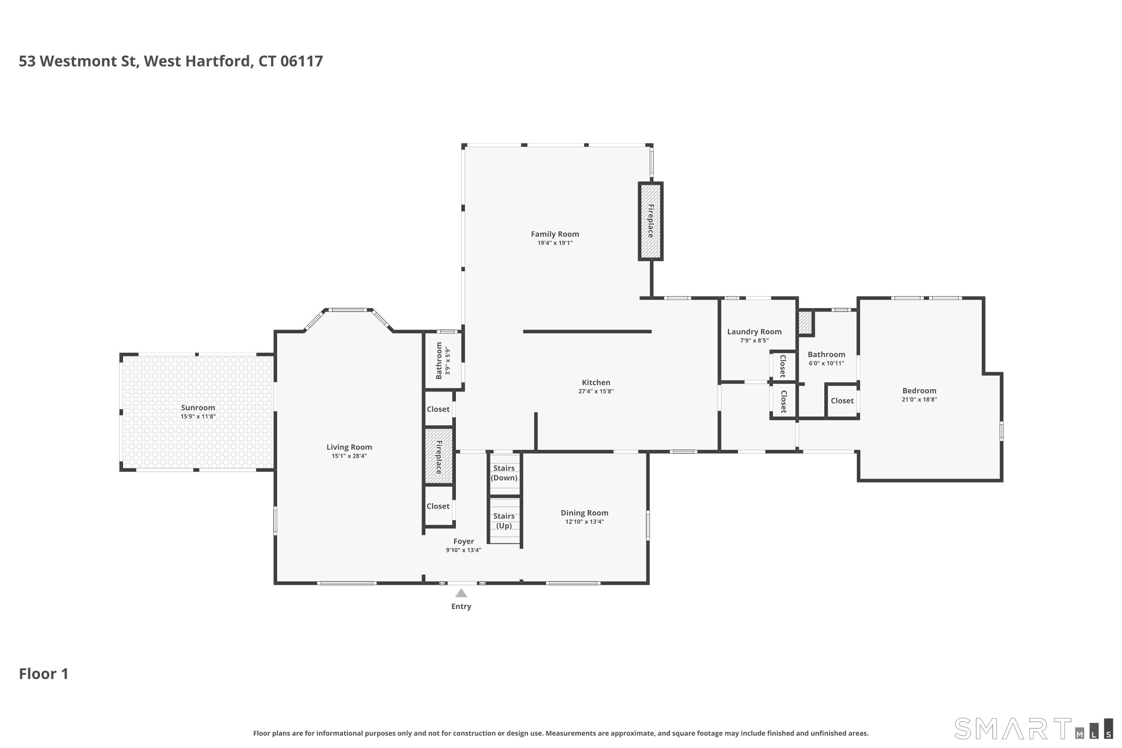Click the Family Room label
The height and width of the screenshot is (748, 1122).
(x=555, y=234)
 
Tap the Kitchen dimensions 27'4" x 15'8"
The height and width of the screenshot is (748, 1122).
(x=596, y=391)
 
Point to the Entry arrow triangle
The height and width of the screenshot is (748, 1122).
(x=461, y=594)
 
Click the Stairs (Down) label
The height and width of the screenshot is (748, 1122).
(x=504, y=473)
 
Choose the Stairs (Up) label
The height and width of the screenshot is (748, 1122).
(x=504, y=521)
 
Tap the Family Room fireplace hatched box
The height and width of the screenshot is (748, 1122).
(x=650, y=221)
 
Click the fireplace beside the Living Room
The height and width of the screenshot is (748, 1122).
(x=438, y=457)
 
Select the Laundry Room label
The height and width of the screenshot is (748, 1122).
(x=754, y=331)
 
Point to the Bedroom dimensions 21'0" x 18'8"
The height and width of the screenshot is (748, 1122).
(x=919, y=399)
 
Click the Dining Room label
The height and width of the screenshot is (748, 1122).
(x=584, y=513)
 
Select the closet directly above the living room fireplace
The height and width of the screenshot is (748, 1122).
(x=438, y=409)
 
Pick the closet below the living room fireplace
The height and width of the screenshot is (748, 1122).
(x=438, y=506)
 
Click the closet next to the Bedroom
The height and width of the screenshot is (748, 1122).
(x=842, y=401)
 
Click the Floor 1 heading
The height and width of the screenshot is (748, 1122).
(x=43, y=674)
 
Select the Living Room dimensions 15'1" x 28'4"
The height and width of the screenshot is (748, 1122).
(x=349, y=456)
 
